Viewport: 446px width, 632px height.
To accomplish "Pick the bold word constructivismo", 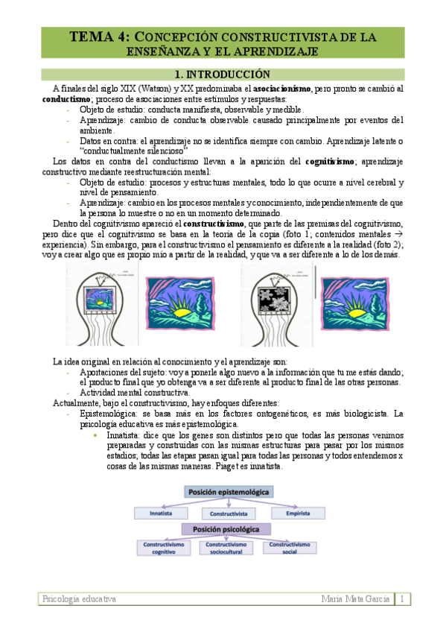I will [213, 224].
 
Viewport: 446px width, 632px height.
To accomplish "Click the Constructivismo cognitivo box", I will [160, 548].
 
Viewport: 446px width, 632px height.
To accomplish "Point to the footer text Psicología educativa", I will [79, 599].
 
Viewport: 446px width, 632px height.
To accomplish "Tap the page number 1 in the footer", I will [403, 599].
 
